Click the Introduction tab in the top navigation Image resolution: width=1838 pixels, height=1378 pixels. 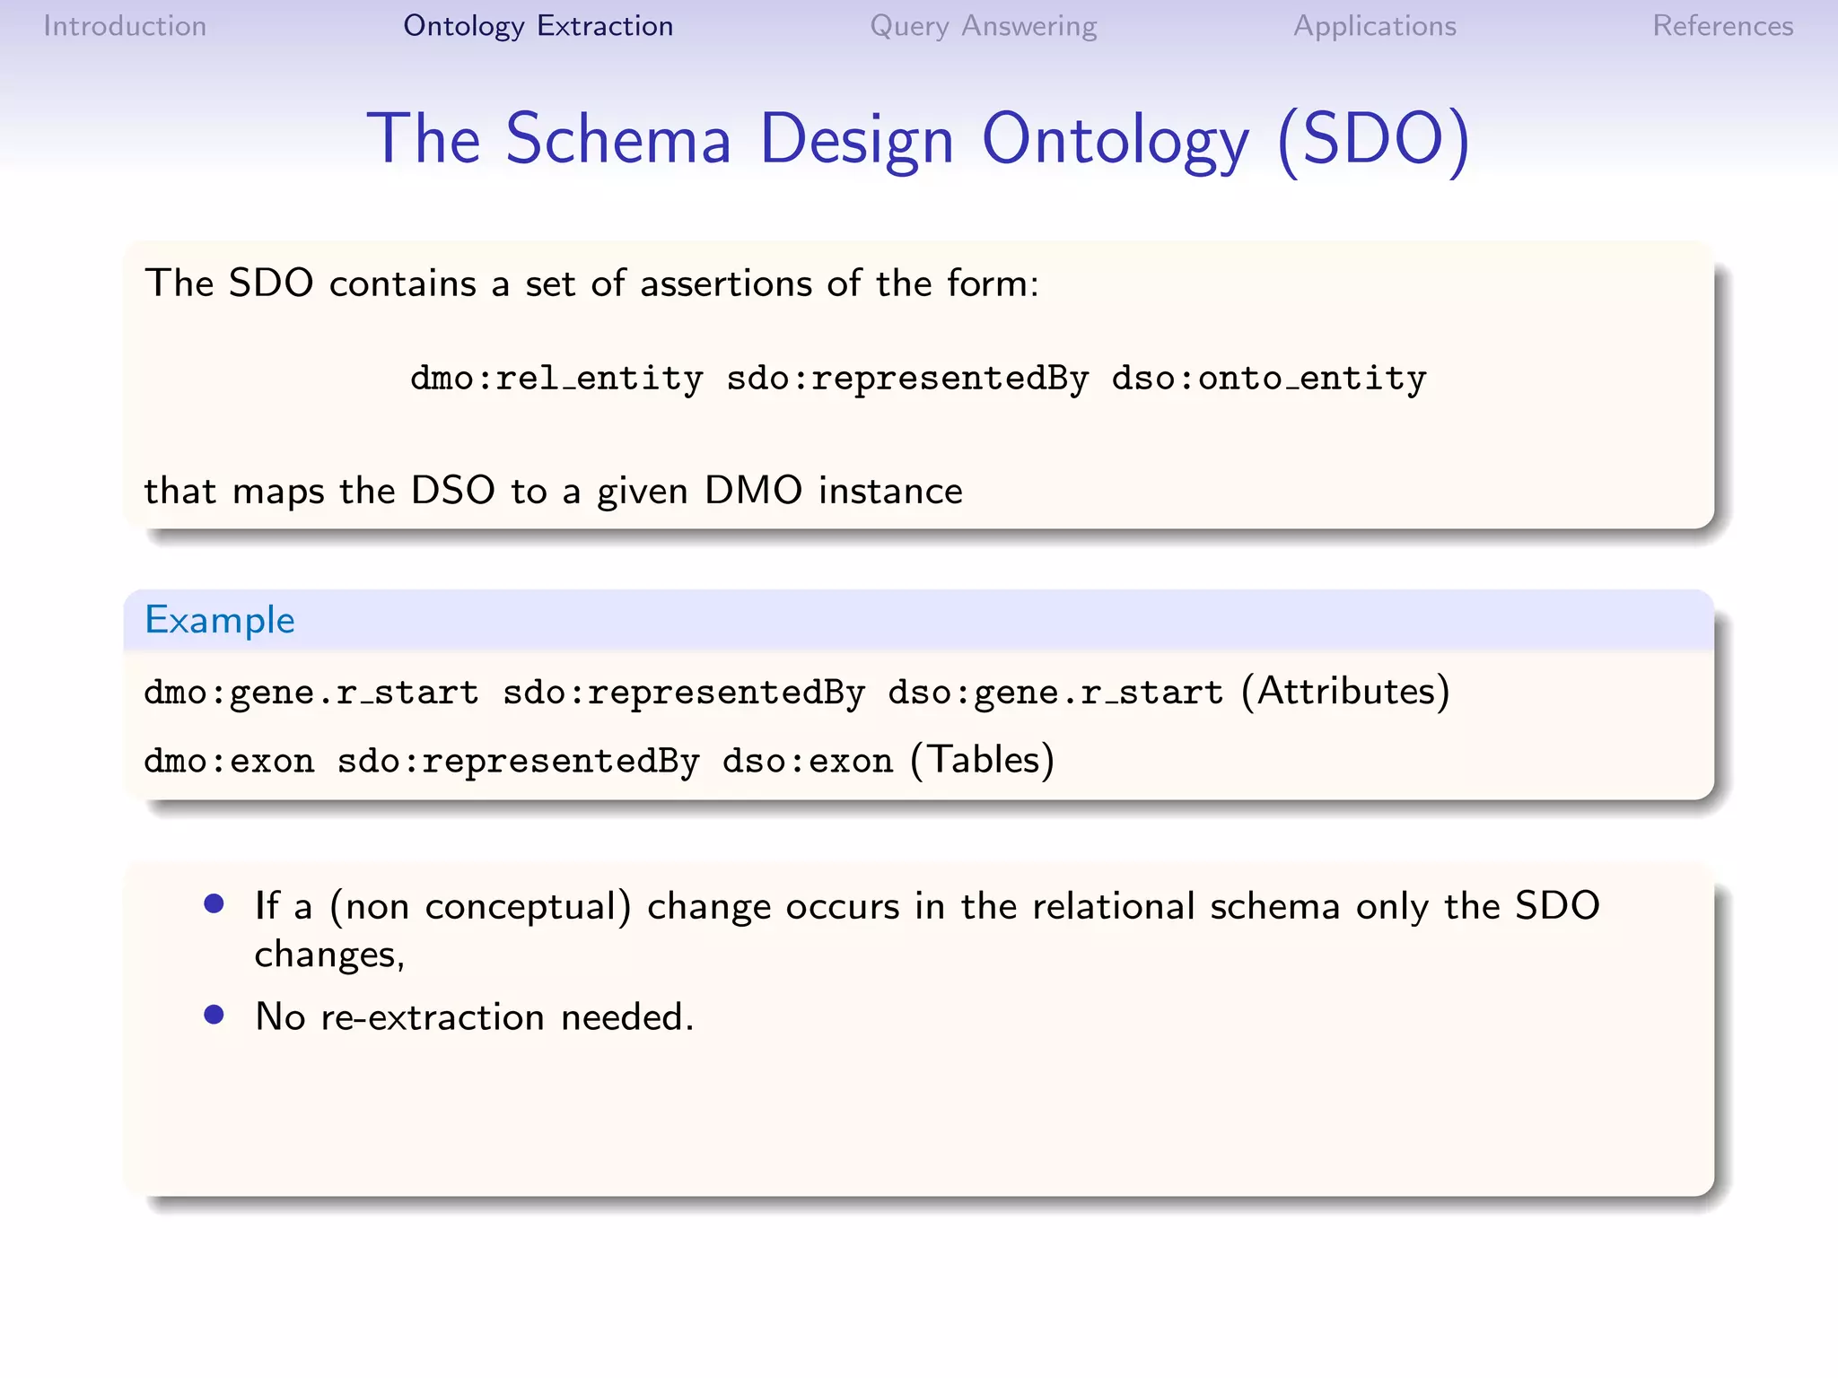coord(125,26)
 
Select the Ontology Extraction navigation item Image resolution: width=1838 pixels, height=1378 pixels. coord(538,26)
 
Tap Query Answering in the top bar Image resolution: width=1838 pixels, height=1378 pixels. coord(983,26)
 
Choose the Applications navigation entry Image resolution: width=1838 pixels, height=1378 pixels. coord(1374,26)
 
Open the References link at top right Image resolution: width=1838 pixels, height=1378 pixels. coord(1722,26)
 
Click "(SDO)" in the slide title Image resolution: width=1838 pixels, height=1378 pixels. coord(1373,140)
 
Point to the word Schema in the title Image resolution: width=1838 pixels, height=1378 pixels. coord(618,140)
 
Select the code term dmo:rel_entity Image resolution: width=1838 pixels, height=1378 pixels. coord(556,379)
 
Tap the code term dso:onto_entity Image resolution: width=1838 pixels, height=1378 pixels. coord(1268,379)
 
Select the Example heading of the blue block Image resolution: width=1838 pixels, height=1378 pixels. coord(220,620)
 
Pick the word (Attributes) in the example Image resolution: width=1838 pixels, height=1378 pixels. coord(1345,692)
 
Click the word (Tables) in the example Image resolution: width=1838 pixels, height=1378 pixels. coord(982,760)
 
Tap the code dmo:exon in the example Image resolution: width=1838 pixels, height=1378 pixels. coord(229,761)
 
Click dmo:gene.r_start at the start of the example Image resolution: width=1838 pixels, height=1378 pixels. coord(311,693)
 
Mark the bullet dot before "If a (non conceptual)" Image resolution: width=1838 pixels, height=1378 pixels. coord(214,903)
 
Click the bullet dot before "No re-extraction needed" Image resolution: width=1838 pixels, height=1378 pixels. coord(214,1015)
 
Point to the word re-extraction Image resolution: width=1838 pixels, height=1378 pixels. coord(432,1017)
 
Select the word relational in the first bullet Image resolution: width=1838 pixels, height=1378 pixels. coord(1113,906)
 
